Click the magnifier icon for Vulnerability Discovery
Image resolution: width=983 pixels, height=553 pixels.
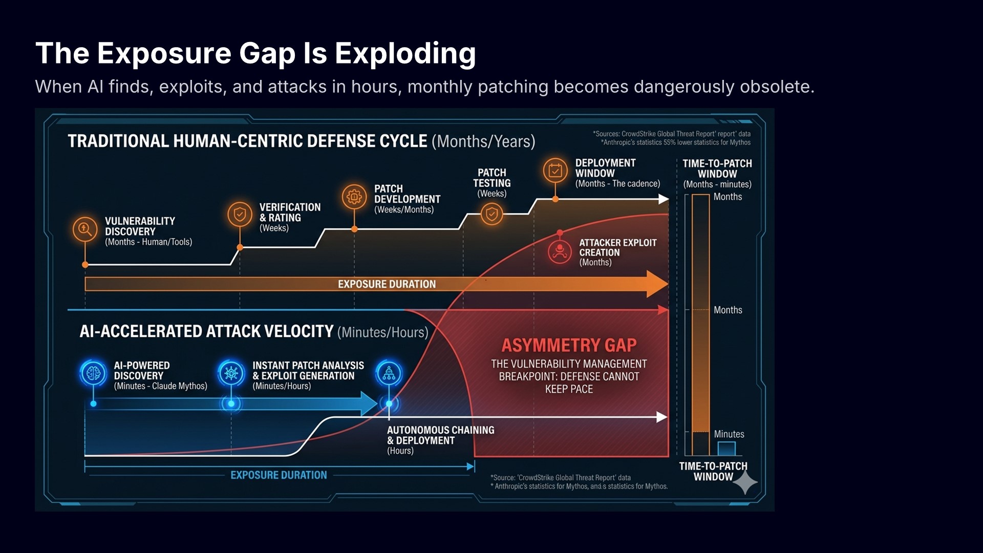85,229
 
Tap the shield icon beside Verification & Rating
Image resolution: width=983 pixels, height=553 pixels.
240,214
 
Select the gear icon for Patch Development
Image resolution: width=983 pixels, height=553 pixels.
354,197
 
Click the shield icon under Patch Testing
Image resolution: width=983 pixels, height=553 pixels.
491,214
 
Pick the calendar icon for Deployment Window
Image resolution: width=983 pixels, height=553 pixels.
555,171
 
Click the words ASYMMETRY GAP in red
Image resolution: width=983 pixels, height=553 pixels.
569,346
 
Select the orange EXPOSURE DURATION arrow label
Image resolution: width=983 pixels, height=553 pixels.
387,284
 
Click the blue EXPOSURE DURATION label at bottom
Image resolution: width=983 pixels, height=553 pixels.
279,475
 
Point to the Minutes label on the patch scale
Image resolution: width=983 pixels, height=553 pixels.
729,434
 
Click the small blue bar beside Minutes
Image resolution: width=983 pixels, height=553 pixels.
726,449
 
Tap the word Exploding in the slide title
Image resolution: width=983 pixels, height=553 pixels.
405,53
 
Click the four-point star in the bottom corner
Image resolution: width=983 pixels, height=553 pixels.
745,482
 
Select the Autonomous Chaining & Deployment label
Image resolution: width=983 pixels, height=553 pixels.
441,435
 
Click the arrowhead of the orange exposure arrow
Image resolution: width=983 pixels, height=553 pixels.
658,284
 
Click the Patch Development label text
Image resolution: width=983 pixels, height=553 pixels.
407,194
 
